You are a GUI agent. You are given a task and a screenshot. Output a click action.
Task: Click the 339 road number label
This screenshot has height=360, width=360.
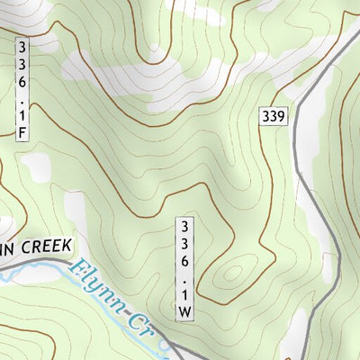point(274,116)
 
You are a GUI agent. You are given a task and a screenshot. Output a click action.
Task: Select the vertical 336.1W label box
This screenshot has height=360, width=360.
point(184,267)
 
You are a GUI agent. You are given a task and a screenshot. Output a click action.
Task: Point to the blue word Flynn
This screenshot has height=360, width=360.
point(94,284)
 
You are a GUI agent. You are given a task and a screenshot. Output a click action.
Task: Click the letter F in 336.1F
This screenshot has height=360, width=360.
point(21,132)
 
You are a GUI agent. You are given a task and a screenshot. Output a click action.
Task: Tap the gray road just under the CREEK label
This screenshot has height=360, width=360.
point(54,262)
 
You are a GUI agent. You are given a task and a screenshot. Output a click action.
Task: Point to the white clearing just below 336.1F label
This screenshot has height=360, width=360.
point(36,166)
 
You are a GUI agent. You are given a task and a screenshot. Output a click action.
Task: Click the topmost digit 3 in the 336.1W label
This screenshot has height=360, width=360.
point(184,224)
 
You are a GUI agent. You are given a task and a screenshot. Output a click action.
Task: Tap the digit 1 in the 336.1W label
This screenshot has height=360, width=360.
point(184,293)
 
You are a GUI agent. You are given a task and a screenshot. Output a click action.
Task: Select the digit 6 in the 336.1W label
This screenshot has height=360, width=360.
point(184,259)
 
